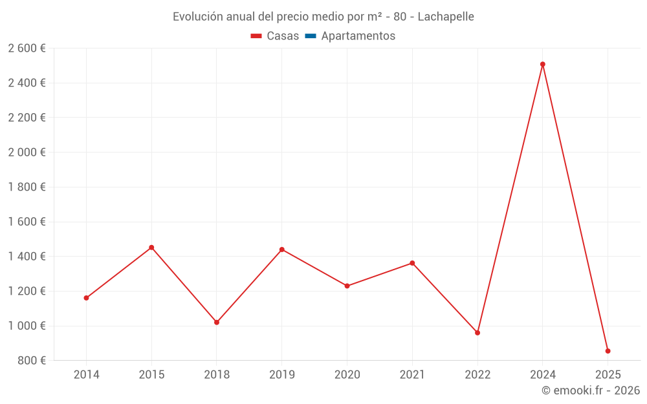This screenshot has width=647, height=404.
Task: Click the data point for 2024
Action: tap(543, 64)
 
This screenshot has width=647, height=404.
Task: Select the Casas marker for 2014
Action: tap(86, 298)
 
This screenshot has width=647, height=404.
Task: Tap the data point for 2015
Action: tap(151, 248)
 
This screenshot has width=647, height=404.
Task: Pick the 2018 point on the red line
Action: tap(217, 322)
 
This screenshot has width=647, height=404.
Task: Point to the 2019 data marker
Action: tap(282, 250)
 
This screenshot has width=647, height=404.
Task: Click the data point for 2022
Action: tap(477, 333)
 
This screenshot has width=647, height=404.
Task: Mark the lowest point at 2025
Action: tap(608, 351)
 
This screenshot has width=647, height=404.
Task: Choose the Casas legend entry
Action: tap(275, 36)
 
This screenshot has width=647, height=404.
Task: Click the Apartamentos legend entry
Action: tap(358, 36)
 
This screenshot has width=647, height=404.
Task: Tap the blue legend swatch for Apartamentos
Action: tap(310, 36)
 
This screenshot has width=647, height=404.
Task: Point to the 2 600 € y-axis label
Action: tap(27, 48)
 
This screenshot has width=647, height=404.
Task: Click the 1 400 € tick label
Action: tap(27, 257)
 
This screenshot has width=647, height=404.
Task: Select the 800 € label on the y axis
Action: tap(30, 361)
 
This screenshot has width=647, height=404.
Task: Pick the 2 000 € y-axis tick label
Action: tap(27, 153)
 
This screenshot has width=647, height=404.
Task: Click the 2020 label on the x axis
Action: tap(347, 375)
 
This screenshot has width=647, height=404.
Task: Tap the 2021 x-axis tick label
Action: tap(412, 375)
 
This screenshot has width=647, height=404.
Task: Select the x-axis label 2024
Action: tap(543, 375)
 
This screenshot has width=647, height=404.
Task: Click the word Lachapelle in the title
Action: tap(446, 17)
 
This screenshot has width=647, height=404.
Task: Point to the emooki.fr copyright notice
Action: tap(591, 390)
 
